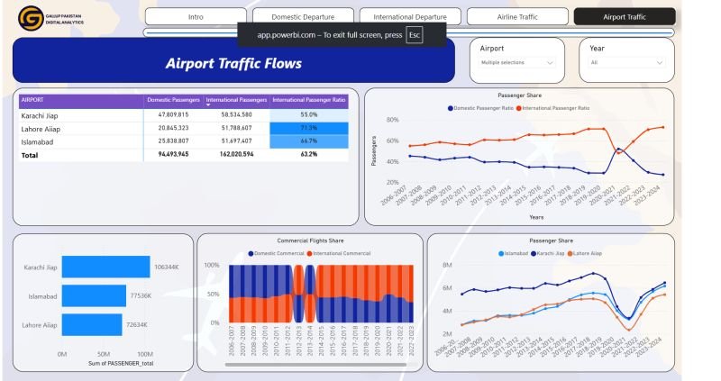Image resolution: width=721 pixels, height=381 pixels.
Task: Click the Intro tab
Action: (x=196, y=17)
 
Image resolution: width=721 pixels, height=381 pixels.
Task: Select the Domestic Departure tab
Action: (x=301, y=17)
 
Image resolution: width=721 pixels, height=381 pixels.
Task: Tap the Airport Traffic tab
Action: (x=624, y=17)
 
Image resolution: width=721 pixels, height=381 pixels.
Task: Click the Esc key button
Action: (x=415, y=35)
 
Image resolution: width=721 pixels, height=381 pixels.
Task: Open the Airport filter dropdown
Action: (x=516, y=62)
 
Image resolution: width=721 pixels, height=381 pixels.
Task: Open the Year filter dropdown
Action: (x=626, y=62)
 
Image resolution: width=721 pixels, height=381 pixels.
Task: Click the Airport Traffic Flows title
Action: (x=233, y=64)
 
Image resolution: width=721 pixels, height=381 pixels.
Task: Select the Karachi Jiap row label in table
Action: (x=40, y=115)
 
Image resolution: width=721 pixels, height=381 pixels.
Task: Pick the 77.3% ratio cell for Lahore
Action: (x=308, y=129)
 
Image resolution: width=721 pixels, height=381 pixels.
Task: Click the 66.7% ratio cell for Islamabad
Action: (x=308, y=141)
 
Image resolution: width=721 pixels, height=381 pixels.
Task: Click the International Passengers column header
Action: (x=236, y=100)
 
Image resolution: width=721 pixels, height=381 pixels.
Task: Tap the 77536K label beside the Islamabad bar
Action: (x=141, y=295)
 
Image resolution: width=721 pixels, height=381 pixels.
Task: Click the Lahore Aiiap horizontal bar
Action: (x=92, y=324)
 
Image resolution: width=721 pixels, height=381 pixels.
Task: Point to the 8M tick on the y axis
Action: (x=446, y=266)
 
